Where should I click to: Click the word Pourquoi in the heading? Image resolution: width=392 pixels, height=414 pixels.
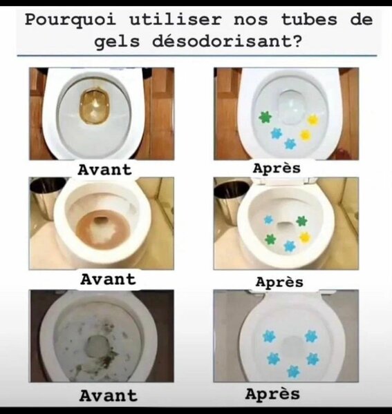point(71,21)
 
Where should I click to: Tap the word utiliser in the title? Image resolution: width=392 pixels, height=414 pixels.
point(176,19)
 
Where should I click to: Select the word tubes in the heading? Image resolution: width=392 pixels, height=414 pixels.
point(309,19)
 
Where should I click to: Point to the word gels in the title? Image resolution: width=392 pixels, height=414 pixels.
point(117,42)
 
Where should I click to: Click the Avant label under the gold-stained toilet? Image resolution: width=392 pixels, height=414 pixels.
point(105,170)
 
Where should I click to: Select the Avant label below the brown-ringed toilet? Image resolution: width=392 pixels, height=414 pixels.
point(108,279)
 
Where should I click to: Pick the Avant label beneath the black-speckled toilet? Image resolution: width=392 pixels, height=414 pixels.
point(108,396)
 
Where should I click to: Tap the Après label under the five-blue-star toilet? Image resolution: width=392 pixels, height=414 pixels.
point(272,395)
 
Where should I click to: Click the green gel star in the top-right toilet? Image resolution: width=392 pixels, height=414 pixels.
point(265,117)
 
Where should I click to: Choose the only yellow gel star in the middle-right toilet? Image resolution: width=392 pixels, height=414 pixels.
point(305,237)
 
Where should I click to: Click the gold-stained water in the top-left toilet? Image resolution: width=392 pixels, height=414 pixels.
point(94,107)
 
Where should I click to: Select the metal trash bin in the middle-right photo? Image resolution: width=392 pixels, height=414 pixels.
point(231,199)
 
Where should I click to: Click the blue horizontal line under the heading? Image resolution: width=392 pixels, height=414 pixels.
point(197,56)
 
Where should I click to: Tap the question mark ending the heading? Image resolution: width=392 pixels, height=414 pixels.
point(297,41)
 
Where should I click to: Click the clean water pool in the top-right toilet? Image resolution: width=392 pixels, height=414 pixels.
point(291,107)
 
